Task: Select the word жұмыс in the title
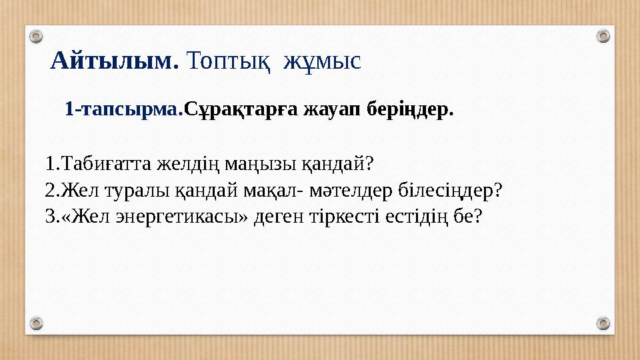322,62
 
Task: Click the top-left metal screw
37,35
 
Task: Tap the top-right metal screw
603,35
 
